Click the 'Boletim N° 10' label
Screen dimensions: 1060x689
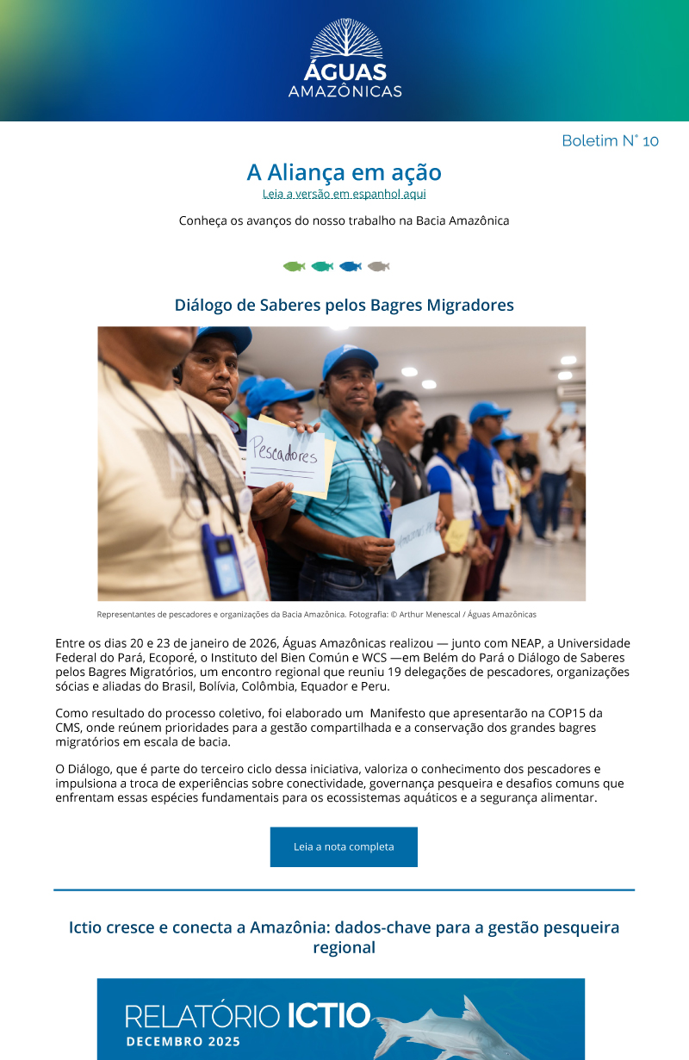point(610,140)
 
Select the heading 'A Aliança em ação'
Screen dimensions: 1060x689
point(344,172)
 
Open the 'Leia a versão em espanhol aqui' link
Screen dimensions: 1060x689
point(344,195)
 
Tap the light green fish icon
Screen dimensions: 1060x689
point(294,266)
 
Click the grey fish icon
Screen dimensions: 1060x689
point(378,266)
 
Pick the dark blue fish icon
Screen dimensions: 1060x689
point(351,266)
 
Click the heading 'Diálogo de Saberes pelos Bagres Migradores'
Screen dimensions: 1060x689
point(344,305)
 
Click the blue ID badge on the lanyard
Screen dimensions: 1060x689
point(221,559)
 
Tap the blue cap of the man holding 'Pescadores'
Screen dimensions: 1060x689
point(350,361)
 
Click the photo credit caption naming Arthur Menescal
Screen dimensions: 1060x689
point(317,615)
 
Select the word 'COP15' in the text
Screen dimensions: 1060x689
point(579,713)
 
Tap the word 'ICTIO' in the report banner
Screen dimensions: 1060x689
point(328,1016)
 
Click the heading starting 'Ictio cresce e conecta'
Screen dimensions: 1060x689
point(344,937)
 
